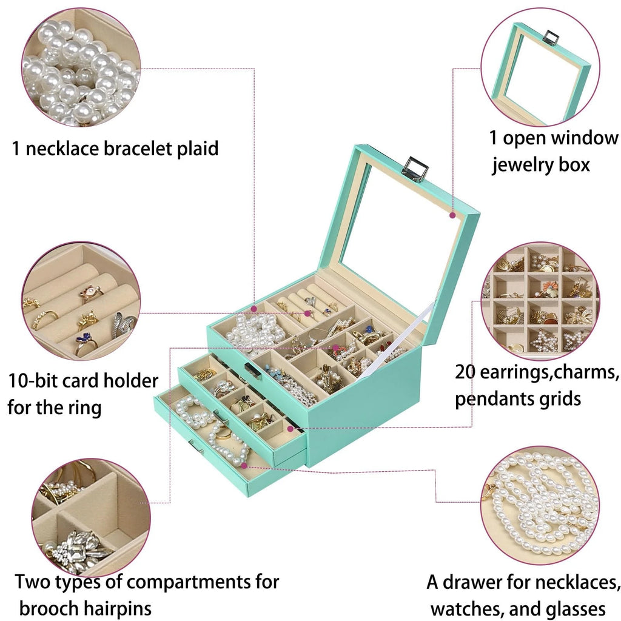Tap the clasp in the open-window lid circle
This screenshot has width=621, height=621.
(x=550, y=38)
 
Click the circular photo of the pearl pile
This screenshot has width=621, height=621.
(x=81, y=68)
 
